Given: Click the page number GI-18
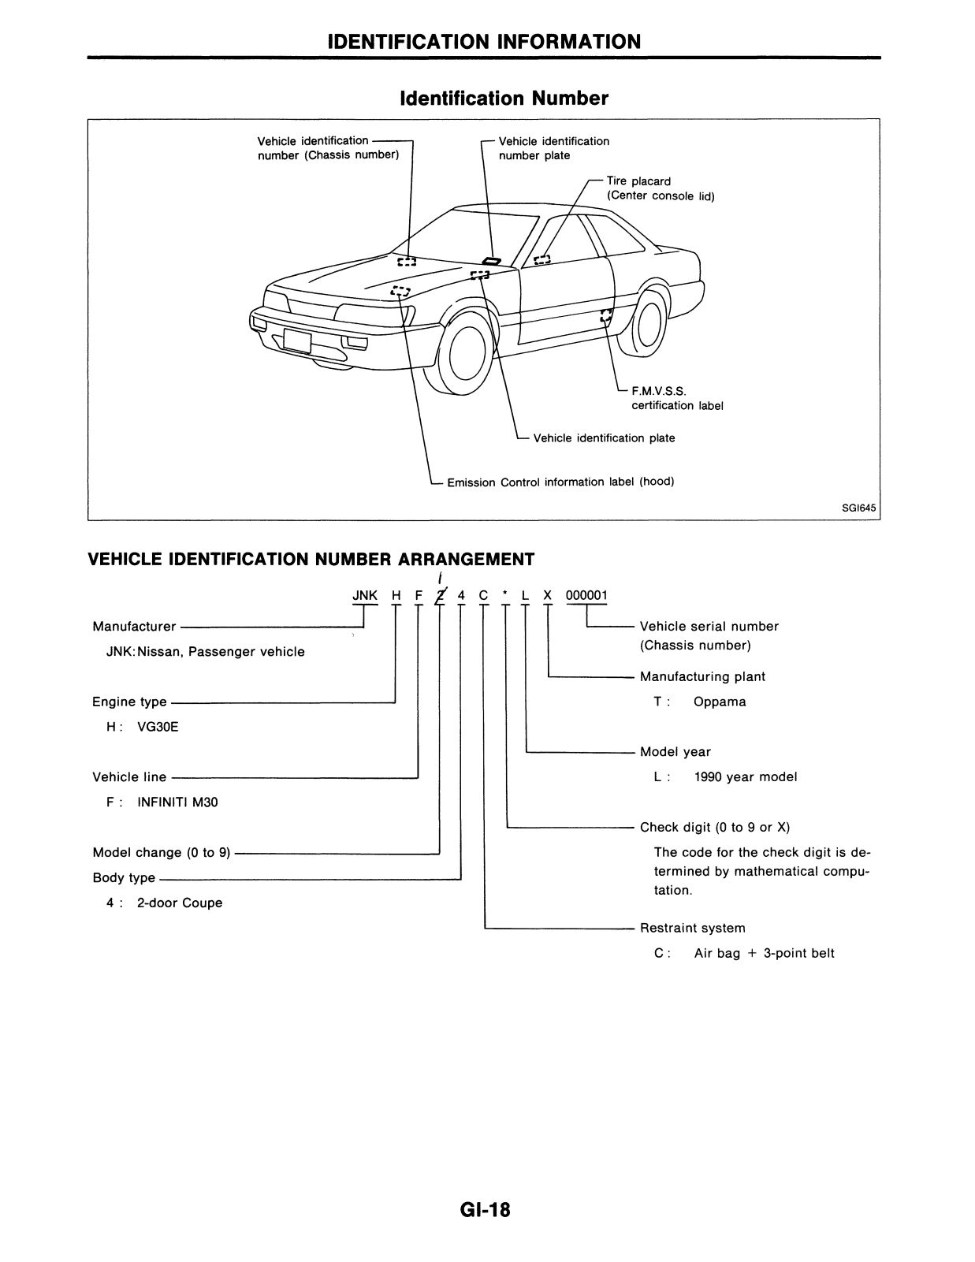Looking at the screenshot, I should (x=486, y=1209).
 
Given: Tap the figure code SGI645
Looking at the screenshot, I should (x=858, y=508).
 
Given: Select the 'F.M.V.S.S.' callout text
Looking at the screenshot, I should (x=659, y=391).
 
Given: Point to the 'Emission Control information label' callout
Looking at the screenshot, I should (x=560, y=482).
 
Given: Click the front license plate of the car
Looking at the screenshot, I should (x=298, y=341).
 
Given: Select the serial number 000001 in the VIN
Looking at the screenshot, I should (x=586, y=595).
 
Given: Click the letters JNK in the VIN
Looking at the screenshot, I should (x=365, y=595).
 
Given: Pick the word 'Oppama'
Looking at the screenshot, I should (x=720, y=702).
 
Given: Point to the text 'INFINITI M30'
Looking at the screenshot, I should (x=177, y=802).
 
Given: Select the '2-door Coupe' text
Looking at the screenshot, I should (x=180, y=903).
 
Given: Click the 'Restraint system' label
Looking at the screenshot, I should (x=692, y=928).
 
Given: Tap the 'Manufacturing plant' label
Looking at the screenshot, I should (x=702, y=676).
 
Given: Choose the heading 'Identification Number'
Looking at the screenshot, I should (x=504, y=99).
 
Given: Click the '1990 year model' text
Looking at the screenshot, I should (x=746, y=776).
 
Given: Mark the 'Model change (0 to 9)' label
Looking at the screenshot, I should (x=162, y=852).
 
